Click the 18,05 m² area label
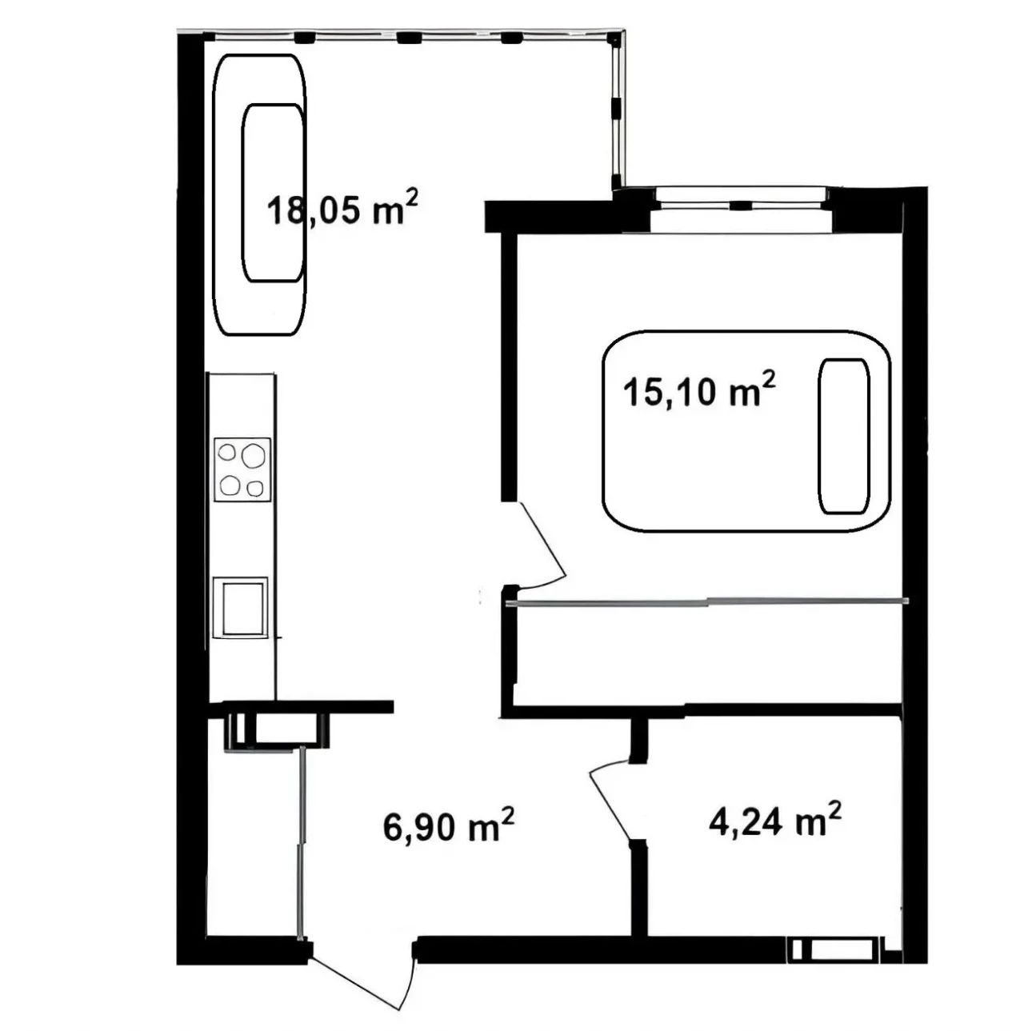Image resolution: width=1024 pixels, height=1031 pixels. tap(342, 210)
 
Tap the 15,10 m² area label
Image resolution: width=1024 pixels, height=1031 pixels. tap(699, 392)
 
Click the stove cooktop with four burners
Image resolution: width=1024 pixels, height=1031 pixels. tap(243, 470)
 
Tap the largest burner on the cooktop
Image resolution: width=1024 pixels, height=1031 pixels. tap(254, 456)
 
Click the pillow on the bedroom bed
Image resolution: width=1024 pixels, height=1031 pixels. tap(843, 436)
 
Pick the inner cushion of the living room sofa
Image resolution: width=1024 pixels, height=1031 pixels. tap(273, 193)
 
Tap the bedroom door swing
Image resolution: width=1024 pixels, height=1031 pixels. tap(541, 544)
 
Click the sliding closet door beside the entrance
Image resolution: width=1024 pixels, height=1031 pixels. tap(302, 840)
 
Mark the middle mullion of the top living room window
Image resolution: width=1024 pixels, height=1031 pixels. tap(408, 37)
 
